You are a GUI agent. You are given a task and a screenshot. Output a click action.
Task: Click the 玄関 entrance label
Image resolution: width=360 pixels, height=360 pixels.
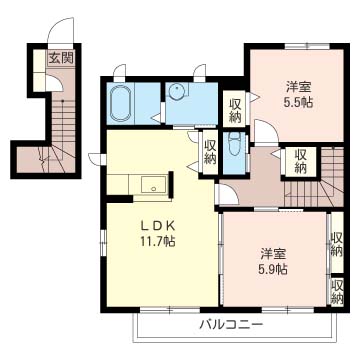pyautogui.click(x=61, y=59)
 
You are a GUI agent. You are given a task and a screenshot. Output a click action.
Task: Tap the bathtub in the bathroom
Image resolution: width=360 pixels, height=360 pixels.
pyautogui.click(x=120, y=103)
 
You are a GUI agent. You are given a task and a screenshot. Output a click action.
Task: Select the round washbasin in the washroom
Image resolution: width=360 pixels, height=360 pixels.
pyautogui.click(x=176, y=91)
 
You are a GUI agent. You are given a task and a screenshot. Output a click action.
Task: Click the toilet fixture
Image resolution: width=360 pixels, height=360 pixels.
pyautogui.click(x=235, y=144)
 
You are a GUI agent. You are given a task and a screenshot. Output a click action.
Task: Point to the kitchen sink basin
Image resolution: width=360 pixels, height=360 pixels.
pyautogui.click(x=153, y=184)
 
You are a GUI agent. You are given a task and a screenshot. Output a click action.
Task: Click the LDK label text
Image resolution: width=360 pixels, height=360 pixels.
pyautogui.click(x=157, y=226)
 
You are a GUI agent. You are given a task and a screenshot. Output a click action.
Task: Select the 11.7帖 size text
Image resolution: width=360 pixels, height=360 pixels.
pyautogui.click(x=157, y=242)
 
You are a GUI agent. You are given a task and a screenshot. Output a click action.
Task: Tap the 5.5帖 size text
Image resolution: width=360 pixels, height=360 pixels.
pyautogui.click(x=298, y=103)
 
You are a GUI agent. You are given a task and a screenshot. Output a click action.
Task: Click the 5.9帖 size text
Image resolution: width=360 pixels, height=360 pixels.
pyautogui.click(x=273, y=269)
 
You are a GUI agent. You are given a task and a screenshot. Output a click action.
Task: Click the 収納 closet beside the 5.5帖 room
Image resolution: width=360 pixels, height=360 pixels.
pyautogui.click(x=234, y=110)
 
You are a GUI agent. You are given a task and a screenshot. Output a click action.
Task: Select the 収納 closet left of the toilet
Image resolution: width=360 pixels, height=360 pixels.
pyautogui.click(x=210, y=152)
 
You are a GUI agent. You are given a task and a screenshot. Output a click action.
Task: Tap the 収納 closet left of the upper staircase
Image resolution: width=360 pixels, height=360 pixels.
pyautogui.click(x=300, y=161)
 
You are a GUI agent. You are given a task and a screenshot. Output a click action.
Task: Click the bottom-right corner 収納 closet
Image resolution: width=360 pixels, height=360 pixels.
pyautogui.click(x=337, y=291)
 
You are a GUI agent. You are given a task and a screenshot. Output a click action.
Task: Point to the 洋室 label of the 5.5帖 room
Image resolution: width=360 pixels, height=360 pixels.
pyautogui.click(x=298, y=87)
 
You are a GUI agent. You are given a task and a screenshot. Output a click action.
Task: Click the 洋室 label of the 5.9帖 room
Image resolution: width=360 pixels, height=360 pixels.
pyautogui.click(x=273, y=254)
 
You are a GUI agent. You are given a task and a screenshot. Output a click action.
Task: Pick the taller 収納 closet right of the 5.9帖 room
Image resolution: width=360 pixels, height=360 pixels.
pyautogui.click(x=337, y=243)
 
